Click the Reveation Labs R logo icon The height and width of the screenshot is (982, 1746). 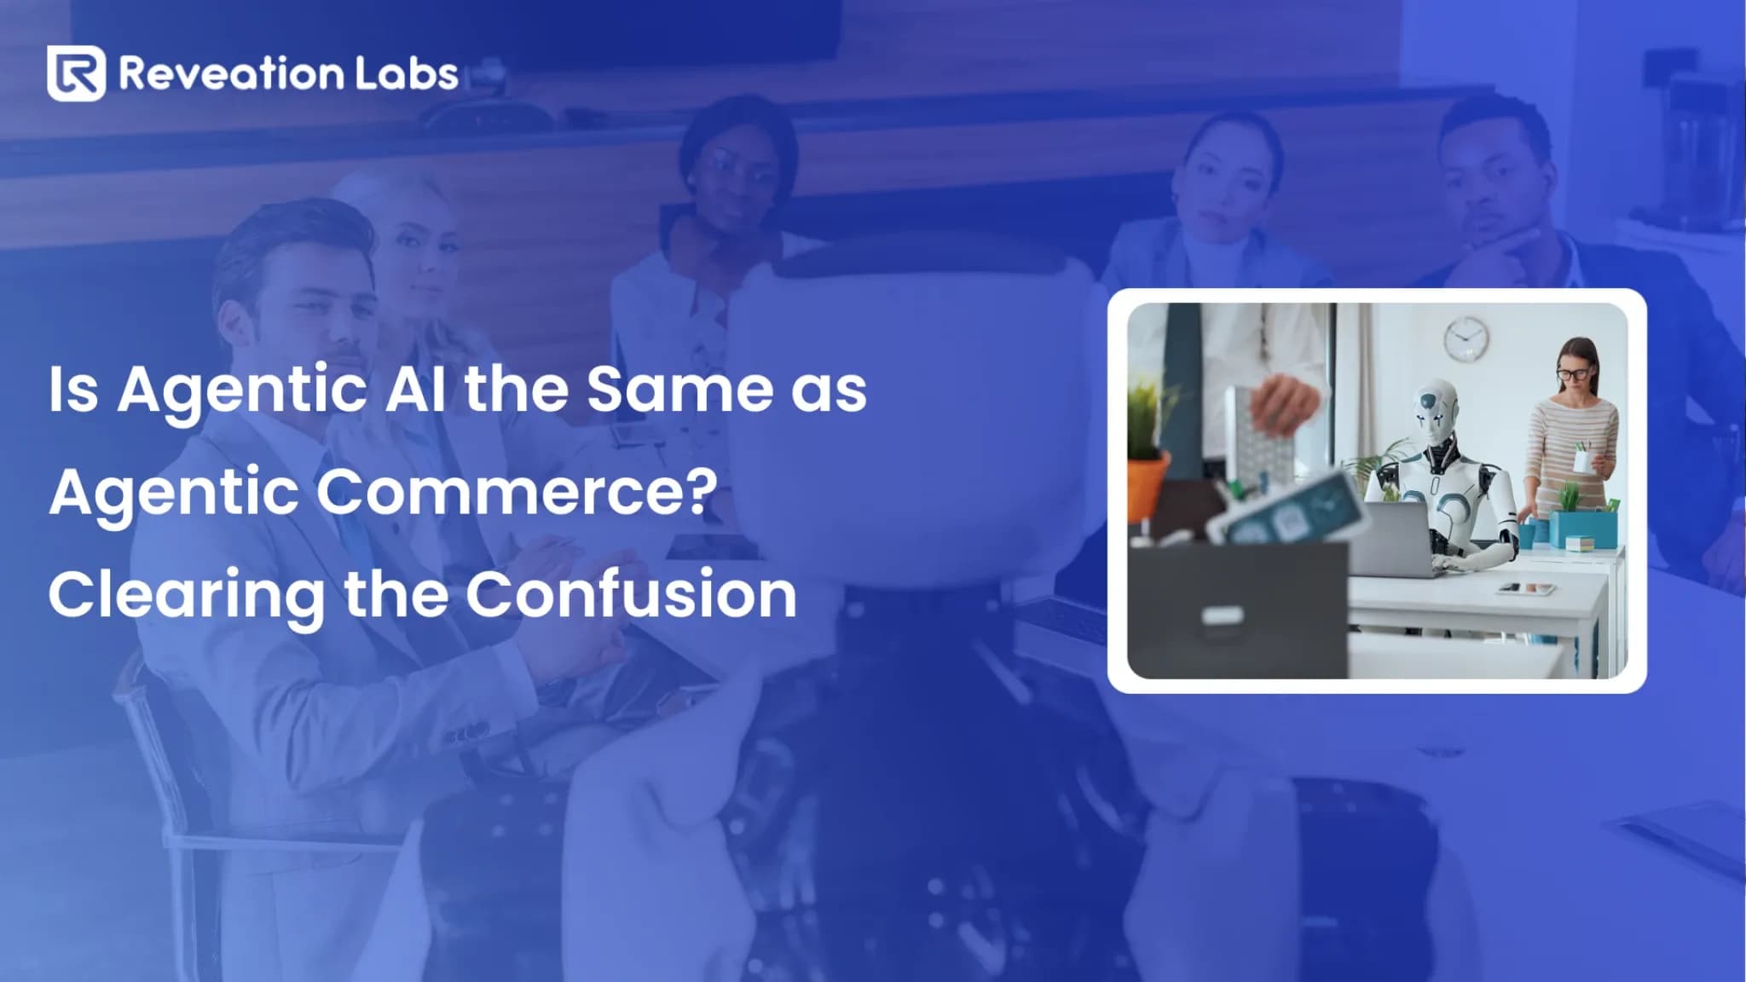click(x=77, y=73)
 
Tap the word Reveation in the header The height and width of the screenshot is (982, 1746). click(x=230, y=73)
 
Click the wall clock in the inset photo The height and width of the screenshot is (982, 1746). click(x=1466, y=338)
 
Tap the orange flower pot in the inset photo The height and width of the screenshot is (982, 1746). click(x=1146, y=486)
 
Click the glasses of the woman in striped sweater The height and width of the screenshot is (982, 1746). click(x=1573, y=373)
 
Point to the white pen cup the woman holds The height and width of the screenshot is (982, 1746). click(x=1581, y=461)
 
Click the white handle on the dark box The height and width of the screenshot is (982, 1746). click(x=1221, y=615)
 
